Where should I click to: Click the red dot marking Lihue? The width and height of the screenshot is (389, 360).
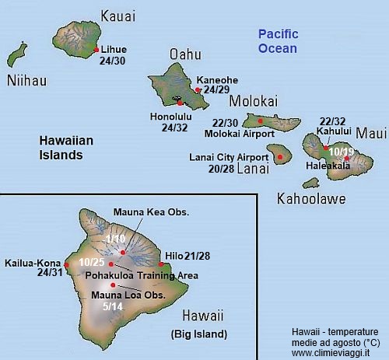pos(96,50)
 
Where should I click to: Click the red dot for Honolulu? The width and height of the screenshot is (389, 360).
pos(180,103)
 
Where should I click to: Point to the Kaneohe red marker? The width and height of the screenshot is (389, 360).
pos(198,90)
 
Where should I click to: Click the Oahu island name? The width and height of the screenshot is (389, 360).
pos(185,54)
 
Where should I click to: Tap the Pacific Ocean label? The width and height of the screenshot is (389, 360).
pos(279,41)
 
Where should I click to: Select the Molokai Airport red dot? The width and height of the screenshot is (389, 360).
pos(260,121)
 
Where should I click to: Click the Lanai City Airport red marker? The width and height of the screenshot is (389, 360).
pos(280,156)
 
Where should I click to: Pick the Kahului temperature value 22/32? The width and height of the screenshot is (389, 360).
pos(332,122)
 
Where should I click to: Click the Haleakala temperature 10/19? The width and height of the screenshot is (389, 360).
pos(342,151)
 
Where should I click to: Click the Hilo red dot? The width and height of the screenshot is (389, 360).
pos(160,264)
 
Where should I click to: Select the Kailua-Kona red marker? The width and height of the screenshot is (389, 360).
pos(66,265)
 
